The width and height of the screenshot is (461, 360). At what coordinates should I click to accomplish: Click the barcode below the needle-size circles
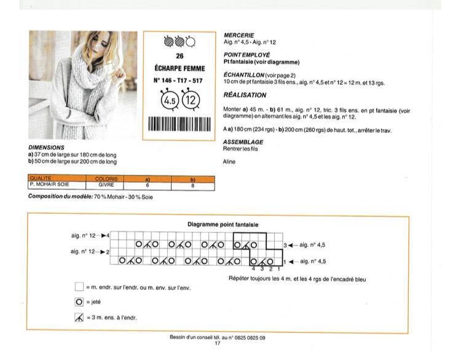click(179, 123)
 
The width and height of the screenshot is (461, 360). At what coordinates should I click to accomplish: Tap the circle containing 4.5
click(170, 101)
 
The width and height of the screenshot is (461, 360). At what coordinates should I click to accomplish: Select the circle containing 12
click(191, 100)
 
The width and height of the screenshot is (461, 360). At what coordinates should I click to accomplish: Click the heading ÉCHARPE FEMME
click(179, 68)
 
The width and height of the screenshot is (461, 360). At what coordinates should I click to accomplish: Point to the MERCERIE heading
click(238, 35)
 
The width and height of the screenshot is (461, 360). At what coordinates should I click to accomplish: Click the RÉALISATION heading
click(245, 95)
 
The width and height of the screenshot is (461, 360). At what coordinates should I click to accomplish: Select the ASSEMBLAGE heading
click(243, 142)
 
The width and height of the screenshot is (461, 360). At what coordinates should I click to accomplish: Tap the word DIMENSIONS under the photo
click(46, 147)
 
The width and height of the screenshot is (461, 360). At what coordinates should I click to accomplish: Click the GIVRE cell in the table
click(106, 185)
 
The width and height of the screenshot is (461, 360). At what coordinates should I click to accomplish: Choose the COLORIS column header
click(106, 179)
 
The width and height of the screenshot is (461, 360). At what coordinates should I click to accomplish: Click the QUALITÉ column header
click(41, 178)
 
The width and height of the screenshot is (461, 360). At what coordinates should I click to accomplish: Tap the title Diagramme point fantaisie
click(223, 224)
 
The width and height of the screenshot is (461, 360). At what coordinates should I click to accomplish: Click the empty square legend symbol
click(79, 286)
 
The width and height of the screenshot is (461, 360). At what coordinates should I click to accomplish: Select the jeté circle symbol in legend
click(79, 302)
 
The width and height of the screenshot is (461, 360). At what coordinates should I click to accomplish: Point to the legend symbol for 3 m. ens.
click(79, 318)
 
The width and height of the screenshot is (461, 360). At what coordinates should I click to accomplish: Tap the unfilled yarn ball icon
click(191, 42)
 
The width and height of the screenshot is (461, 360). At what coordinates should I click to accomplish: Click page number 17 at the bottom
click(217, 343)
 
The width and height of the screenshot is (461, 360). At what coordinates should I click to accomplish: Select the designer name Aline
click(229, 162)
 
